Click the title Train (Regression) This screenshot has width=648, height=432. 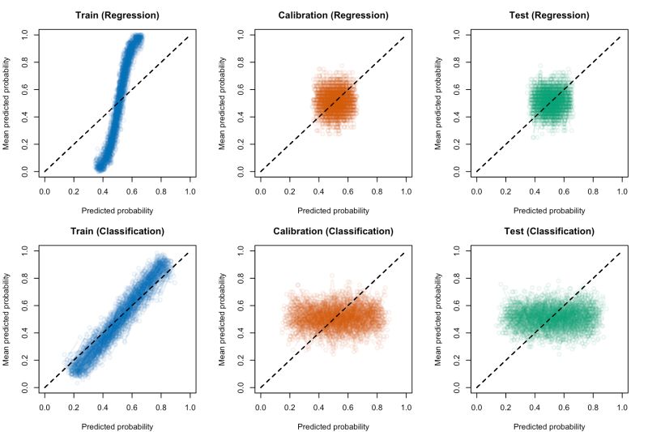coord(117,15)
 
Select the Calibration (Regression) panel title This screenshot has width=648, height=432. coord(333,15)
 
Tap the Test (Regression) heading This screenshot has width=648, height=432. coord(548,15)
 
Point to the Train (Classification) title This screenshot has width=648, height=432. coord(117,231)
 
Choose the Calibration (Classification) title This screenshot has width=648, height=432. coord(333,231)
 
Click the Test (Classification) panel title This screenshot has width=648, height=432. coord(548,231)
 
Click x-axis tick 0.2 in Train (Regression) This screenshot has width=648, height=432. coord(73,192)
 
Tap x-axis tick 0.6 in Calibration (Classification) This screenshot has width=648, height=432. coord(347,408)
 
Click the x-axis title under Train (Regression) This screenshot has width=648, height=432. coord(117,211)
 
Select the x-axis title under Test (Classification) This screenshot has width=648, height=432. coord(548,426)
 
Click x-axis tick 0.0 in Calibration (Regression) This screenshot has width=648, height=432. coord(260,192)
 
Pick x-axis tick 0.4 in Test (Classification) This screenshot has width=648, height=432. coord(535,408)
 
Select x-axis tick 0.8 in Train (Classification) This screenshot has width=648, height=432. coord(160,408)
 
